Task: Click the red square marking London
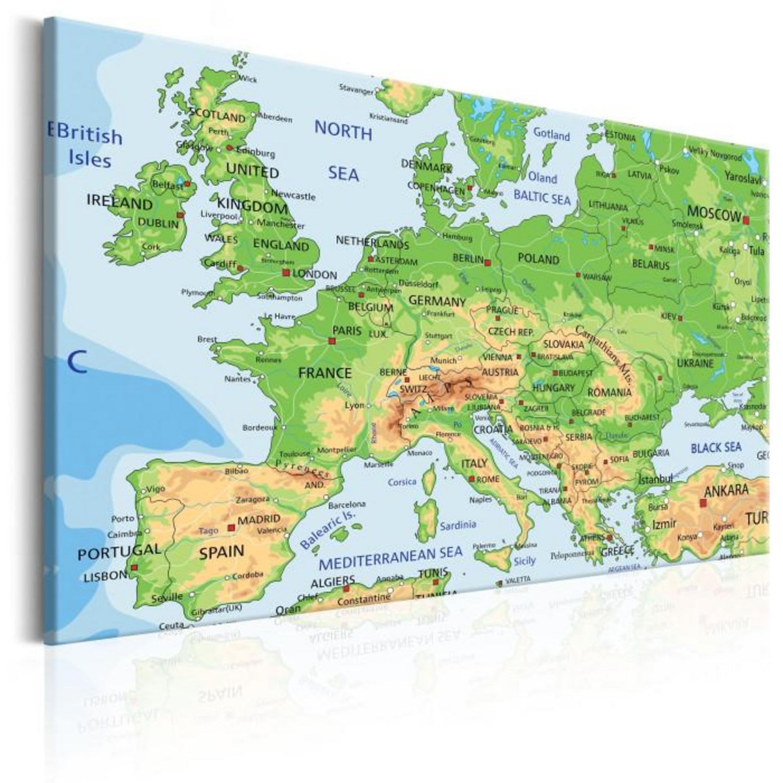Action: [285, 272]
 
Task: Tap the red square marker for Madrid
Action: [230, 526]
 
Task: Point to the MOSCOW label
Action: [714, 214]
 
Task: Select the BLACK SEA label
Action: [716, 448]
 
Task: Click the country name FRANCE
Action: [324, 373]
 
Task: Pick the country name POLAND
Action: [538, 259]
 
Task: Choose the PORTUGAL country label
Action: [119, 552]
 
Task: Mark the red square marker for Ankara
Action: [703, 502]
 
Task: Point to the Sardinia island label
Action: [457, 525]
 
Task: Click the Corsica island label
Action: [402, 482]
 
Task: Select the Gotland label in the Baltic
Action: [551, 135]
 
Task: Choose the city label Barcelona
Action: [346, 504]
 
